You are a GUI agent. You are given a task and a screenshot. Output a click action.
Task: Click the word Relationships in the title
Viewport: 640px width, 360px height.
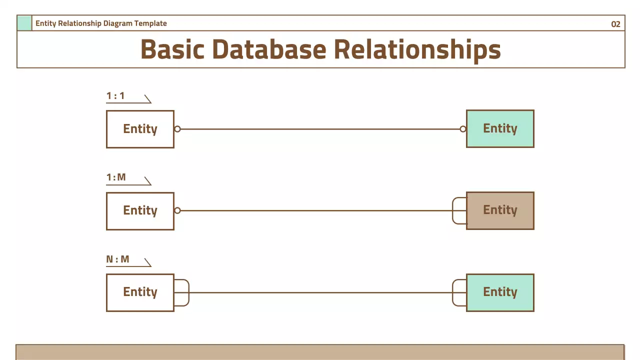(x=417, y=49)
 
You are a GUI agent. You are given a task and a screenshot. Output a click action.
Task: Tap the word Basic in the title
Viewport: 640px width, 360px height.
(x=172, y=49)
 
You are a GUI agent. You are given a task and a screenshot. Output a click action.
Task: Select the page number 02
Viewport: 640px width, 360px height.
(x=615, y=24)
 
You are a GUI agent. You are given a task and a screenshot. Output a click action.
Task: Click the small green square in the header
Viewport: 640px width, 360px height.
(x=24, y=23)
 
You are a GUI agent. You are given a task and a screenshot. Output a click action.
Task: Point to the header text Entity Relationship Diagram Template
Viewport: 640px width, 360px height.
(x=101, y=23)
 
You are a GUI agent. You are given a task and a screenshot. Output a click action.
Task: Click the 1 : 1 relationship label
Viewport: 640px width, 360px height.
(x=115, y=95)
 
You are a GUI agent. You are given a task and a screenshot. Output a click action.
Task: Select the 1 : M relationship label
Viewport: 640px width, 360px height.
(x=116, y=177)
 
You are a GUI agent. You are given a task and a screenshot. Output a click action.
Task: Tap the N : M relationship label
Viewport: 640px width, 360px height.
(x=117, y=259)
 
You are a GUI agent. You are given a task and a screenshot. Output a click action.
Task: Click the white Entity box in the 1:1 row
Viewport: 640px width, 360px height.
(x=140, y=129)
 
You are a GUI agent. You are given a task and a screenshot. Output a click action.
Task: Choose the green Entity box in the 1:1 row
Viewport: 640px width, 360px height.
(x=500, y=128)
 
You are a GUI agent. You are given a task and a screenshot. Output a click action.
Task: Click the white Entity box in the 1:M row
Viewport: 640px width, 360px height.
(x=140, y=210)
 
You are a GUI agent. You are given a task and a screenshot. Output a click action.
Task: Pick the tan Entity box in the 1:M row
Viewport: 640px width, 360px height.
(x=500, y=210)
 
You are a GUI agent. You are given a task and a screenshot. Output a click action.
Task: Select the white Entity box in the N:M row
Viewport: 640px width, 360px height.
(x=140, y=292)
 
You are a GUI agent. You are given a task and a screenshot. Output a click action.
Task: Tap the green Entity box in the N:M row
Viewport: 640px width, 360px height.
(x=500, y=292)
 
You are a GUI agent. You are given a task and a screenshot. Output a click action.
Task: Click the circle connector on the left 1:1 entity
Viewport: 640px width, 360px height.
(x=177, y=129)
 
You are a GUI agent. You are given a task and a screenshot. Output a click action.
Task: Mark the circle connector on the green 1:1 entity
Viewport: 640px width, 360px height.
(x=463, y=129)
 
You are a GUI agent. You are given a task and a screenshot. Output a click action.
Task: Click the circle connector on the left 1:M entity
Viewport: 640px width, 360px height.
(x=177, y=210)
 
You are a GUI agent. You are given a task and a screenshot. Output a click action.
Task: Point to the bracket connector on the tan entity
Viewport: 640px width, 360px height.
(x=458, y=210)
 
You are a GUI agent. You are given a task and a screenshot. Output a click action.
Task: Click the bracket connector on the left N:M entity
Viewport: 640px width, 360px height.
(x=182, y=292)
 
